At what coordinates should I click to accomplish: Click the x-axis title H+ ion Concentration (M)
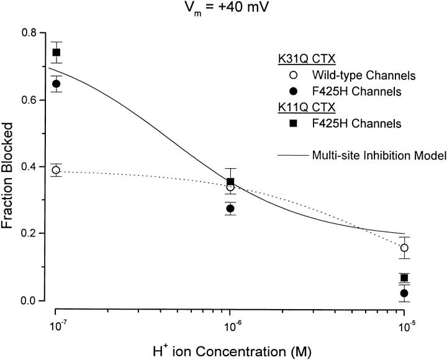click(x=230, y=347)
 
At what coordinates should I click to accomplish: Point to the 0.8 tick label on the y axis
click(x=29, y=32)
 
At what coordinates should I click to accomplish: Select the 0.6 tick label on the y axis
click(x=29, y=99)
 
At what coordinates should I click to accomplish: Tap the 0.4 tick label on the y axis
click(x=29, y=166)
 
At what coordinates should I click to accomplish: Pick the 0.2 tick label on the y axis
click(x=29, y=233)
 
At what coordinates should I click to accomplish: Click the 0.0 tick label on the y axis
click(x=29, y=300)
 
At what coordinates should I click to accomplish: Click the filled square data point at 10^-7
click(x=56, y=52)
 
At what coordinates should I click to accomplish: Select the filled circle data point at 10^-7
click(x=56, y=84)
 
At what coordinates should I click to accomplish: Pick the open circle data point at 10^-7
click(x=56, y=170)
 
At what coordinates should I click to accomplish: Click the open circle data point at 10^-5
click(x=405, y=248)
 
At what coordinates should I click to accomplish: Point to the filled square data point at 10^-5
click(x=405, y=277)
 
